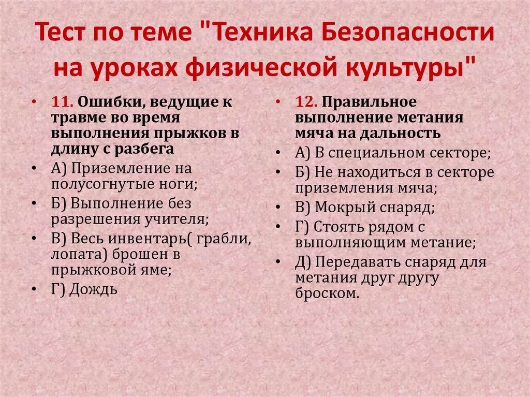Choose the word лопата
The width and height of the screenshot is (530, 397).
75,255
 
